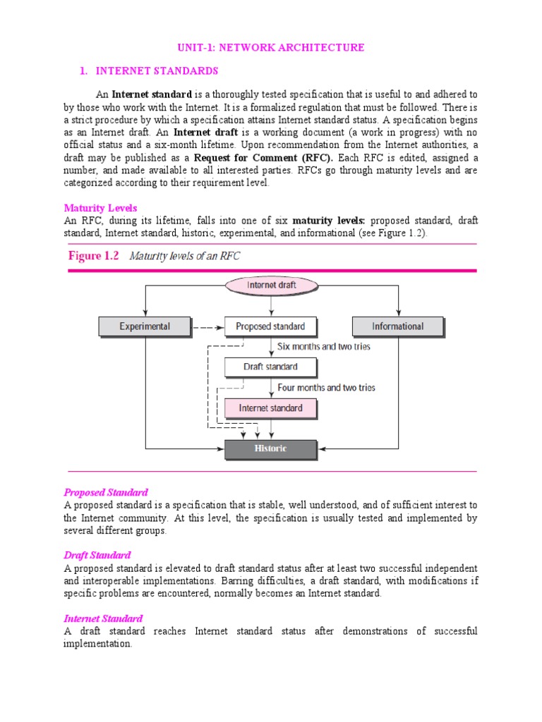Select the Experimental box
[x=145, y=326]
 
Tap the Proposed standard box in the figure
[x=270, y=326]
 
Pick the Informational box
[x=397, y=326]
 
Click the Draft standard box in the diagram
[x=270, y=367]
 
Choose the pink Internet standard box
[x=270, y=408]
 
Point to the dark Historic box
[x=270, y=448]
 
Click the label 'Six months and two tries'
[x=324, y=347]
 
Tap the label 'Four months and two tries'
[x=326, y=388]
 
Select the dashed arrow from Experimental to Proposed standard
[x=207, y=326]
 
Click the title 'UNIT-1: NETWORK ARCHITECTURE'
[x=271, y=48]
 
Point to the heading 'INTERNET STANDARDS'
[x=157, y=71]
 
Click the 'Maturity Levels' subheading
[x=100, y=208]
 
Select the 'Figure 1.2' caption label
[x=95, y=256]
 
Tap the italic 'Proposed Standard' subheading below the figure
[x=106, y=492]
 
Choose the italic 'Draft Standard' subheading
[x=97, y=556]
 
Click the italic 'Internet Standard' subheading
[x=103, y=618]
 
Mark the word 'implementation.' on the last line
[x=97, y=644]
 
